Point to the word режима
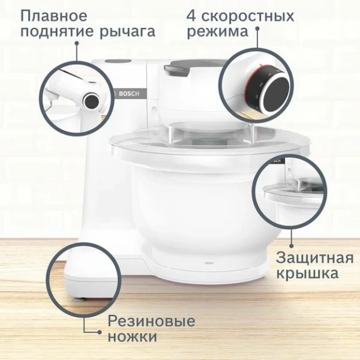coord(217,32)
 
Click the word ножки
coord(132,337)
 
